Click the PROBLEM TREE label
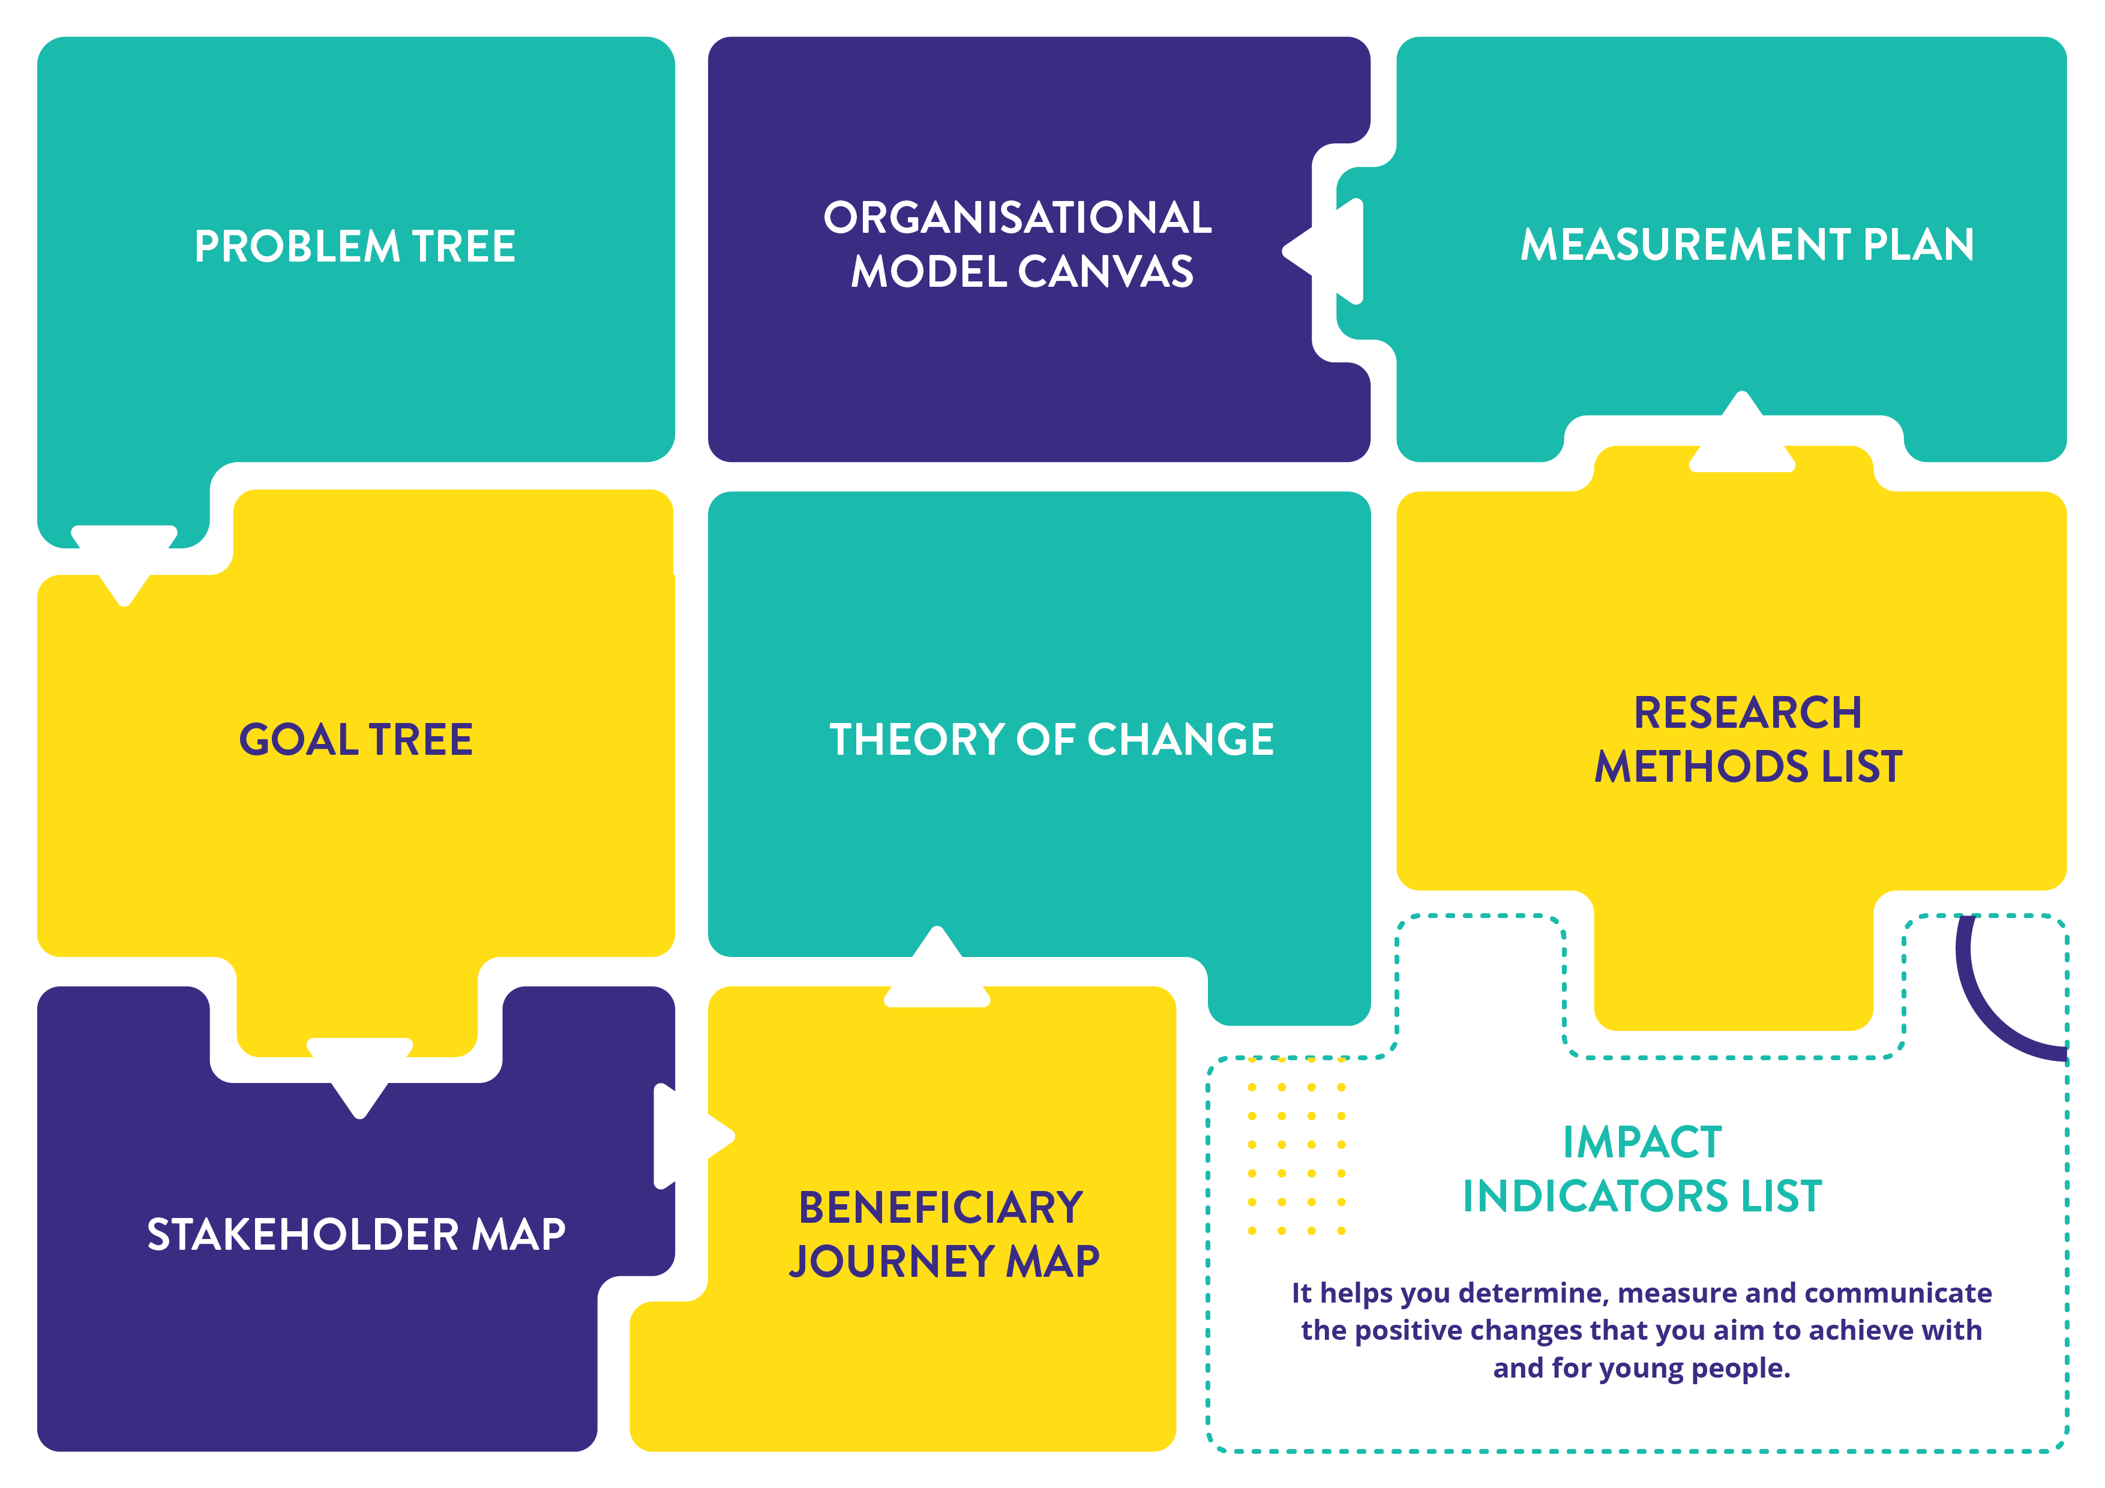tap(355, 247)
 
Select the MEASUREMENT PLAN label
tap(1747, 245)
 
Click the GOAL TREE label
tap(356, 739)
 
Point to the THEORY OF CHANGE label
tap(1051, 739)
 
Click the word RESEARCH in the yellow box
tap(1747, 712)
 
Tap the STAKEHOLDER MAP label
tap(356, 1234)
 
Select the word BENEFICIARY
tap(941, 1207)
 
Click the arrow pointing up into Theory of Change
tap(937, 967)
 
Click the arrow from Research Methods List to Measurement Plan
tap(1742, 432)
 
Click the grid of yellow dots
tap(1296, 1159)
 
